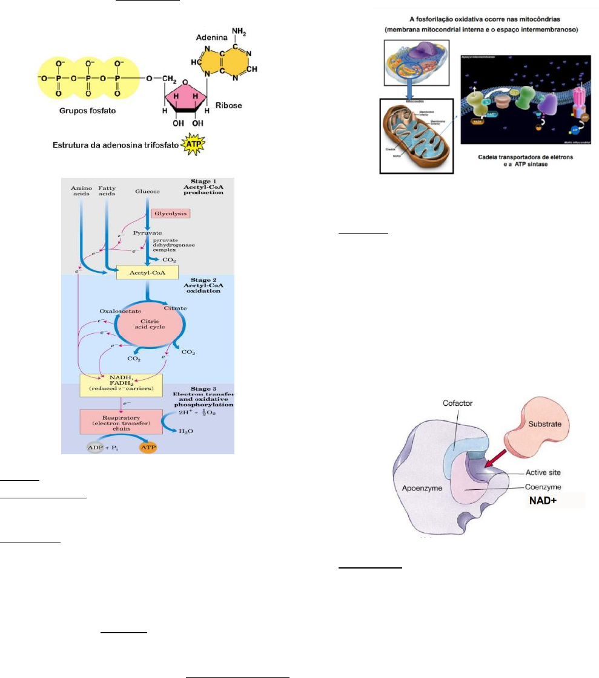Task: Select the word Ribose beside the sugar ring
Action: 229,106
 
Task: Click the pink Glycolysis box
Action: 171,214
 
